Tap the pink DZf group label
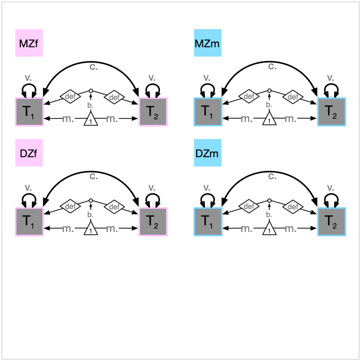pyautogui.click(x=29, y=153)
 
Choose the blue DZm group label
pyautogui.click(x=207, y=153)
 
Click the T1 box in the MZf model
pyautogui.click(x=29, y=112)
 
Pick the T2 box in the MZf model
pyautogui.click(x=153, y=112)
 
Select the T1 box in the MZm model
pyautogui.click(x=207, y=112)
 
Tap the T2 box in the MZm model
pyautogui.click(x=331, y=112)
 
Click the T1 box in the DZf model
pyautogui.click(x=29, y=222)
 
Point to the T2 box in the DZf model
pyautogui.click(x=153, y=222)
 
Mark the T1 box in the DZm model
pyautogui.click(x=207, y=222)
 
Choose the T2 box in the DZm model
pyautogui.click(x=331, y=222)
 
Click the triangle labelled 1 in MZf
pyautogui.click(x=91, y=119)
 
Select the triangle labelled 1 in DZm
pyautogui.click(x=269, y=229)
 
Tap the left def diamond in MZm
pyautogui.click(x=248, y=97)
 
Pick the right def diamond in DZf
pyautogui.click(x=114, y=207)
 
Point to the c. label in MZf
pyautogui.click(x=93, y=67)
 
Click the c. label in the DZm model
pyautogui.click(x=272, y=176)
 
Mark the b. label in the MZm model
pyautogui.click(x=269, y=104)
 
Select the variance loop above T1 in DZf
pyautogui.click(x=29, y=198)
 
